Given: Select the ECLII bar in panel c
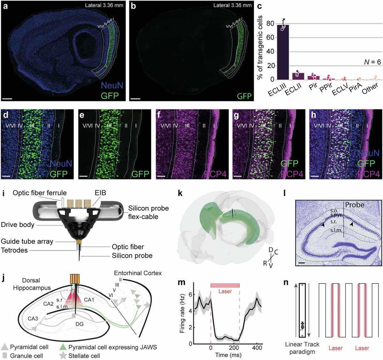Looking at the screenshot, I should pos(298,76).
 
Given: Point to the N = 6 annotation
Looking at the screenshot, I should pos(372,62).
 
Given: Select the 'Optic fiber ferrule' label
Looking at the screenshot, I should pos(40,193).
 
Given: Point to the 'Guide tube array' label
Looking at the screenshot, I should pos(27,241).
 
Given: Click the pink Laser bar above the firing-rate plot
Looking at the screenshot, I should pos(225,285).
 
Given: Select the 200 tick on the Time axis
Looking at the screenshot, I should pos(234,348).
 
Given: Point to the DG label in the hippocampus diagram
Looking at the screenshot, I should pos(79,324).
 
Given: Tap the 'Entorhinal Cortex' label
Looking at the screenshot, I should pos(138,273).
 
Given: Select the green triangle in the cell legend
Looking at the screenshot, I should pos(64,347).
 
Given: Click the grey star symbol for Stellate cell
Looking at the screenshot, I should pos(64,356).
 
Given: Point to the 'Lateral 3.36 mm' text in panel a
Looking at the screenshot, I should pos(104,5).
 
